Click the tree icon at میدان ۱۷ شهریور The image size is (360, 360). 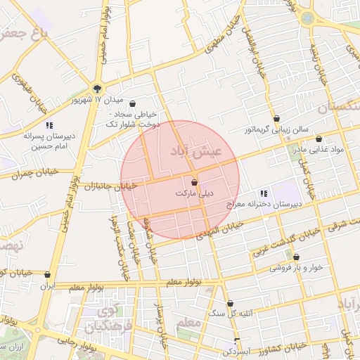[x=97, y=89]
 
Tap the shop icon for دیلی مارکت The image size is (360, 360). [x=194, y=182]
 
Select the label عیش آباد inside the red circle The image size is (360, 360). [x=196, y=151]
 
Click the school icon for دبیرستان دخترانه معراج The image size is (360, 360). [x=264, y=193]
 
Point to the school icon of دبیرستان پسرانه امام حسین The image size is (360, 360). [x=49, y=125]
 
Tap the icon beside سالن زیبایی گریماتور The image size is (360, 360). [x=276, y=119]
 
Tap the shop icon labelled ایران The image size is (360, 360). [x=47, y=275]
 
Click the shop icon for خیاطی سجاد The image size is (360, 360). [x=132, y=103]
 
